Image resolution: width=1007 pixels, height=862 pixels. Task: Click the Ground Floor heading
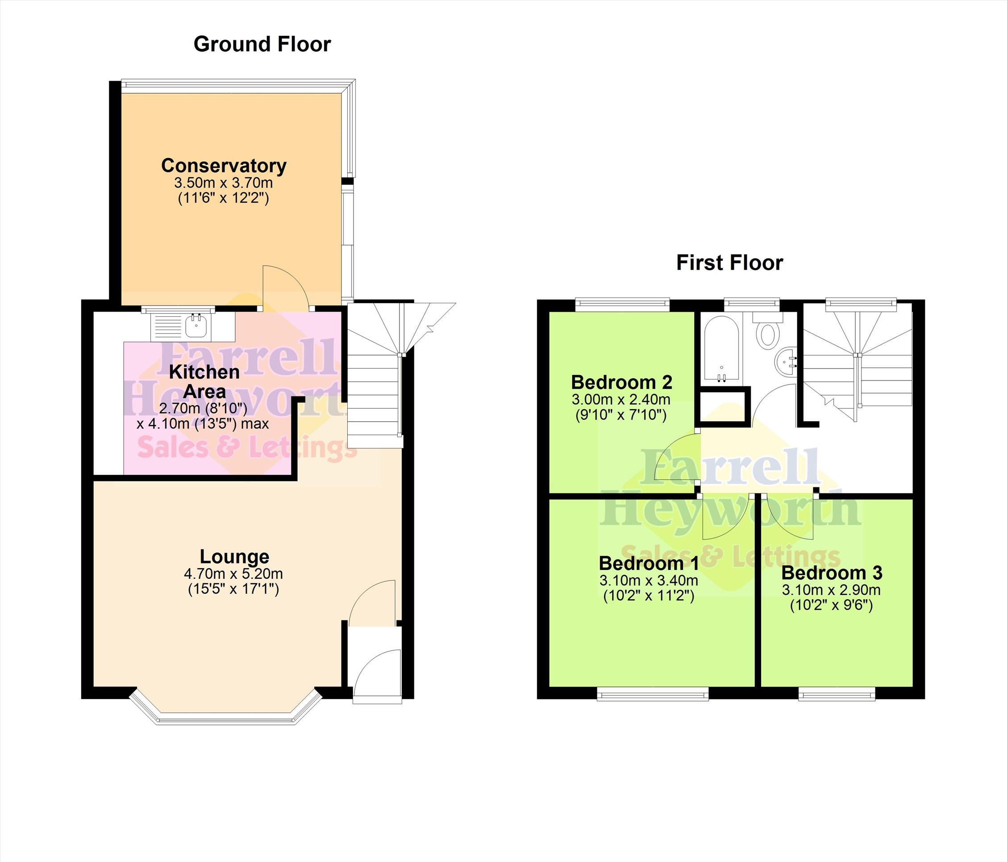[262, 44]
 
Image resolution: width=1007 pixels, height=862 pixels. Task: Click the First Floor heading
[729, 263]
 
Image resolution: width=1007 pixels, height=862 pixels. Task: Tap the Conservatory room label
[224, 166]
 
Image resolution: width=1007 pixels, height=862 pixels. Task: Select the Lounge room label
[234, 557]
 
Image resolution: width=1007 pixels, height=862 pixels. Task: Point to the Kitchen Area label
[204, 382]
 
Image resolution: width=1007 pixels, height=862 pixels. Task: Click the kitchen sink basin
[197, 325]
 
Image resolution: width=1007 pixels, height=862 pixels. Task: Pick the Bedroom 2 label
[622, 382]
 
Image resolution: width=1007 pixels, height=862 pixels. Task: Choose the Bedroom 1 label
[649, 563]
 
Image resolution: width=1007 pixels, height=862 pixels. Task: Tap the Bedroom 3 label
[832, 573]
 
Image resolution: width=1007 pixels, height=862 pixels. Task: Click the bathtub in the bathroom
[721, 348]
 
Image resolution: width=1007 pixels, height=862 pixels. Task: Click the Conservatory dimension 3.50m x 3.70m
[224, 183]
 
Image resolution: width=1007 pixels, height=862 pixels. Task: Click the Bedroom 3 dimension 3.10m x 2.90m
[831, 590]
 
